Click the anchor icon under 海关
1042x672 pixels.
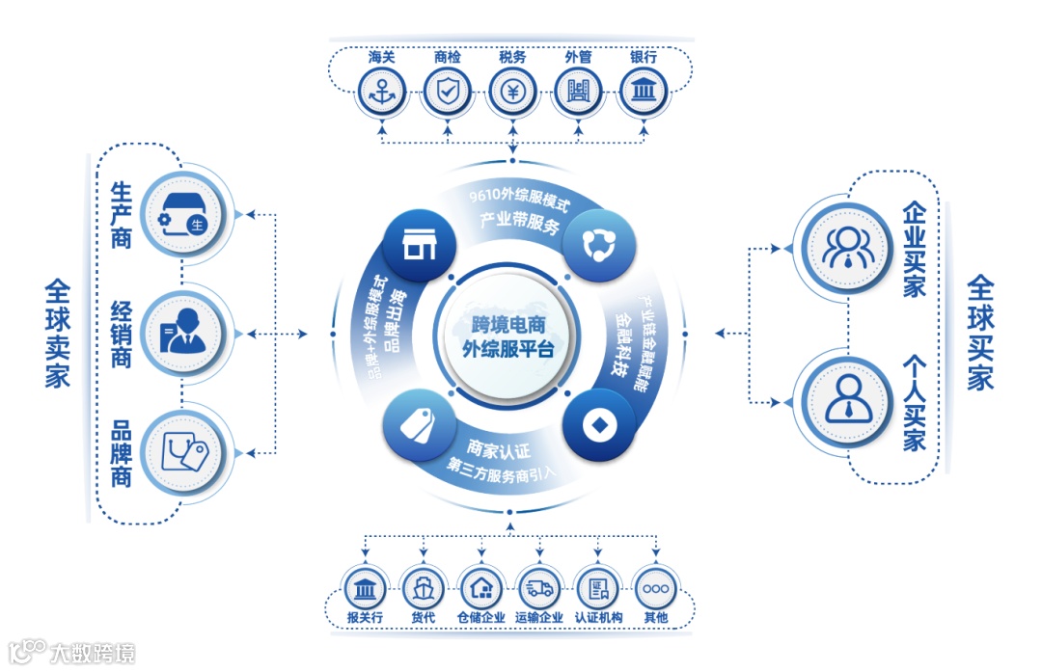[x=381, y=93]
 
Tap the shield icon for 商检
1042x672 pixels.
[x=447, y=93]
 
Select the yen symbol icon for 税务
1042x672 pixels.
[x=512, y=93]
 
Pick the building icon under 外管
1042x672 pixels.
[x=578, y=93]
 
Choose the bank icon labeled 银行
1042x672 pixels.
[x=643, y=93]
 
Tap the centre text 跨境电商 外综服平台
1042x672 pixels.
[x=507, y=336]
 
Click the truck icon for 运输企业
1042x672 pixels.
[x=539, y=588]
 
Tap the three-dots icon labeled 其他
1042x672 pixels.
[x=655, y=588]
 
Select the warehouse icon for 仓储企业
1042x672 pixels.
[x=481, y=588]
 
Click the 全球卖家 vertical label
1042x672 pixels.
[x=57, y=333]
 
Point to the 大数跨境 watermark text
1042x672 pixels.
[x=92, y=653]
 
